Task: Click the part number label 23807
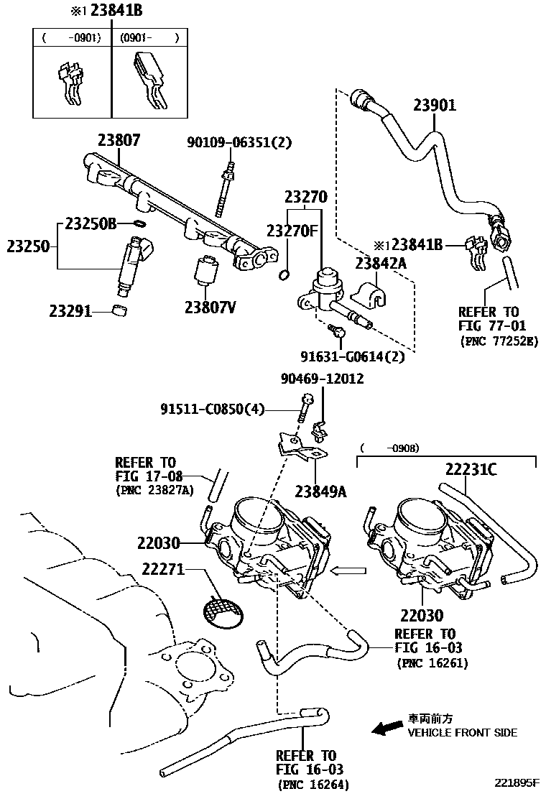click(119, 141)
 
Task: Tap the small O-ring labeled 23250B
click(140, 223)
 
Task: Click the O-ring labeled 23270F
click(284, 274)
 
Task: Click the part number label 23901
click(434, 106)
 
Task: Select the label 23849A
click(320, 491)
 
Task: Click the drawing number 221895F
click(514, 782)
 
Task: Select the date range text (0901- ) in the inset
click(148, 37)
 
